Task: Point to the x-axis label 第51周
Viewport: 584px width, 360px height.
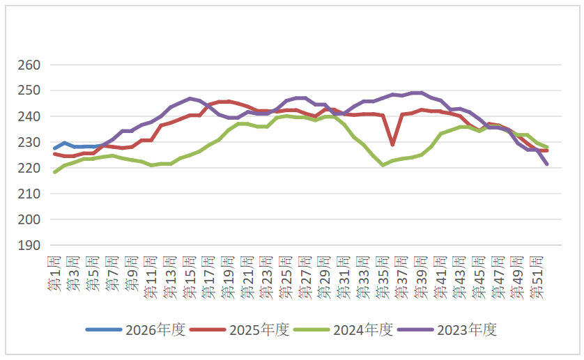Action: pyautogui.click(x=537, y=275)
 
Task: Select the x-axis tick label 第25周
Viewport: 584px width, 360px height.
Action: pyautogui.click(x=286, y=275)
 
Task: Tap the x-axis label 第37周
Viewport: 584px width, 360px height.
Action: pyautogui.click(x=402, y=275)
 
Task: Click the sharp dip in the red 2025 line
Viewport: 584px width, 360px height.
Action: pyautogui.click(x=393, y=144)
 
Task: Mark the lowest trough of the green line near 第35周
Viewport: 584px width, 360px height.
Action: pyautogui.click(x=383, y=165)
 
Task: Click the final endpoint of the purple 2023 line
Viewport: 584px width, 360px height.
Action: pyautogui.click(x=547, y=164)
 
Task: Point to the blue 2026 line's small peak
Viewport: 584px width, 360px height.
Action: pyautogui.click(x=65, y=143)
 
